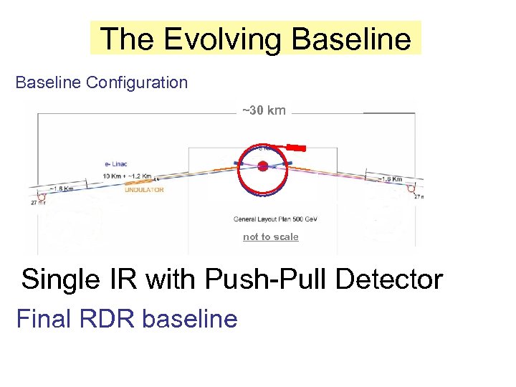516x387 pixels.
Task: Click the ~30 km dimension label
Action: tap(264, 110)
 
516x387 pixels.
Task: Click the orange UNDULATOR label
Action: tap(144, 190)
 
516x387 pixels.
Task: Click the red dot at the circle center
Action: tap(263, 166)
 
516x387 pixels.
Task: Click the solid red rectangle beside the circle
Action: tap(295, 148)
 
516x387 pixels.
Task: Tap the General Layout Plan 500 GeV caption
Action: tap(270, 219)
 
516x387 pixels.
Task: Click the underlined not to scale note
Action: tap(270, 237)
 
